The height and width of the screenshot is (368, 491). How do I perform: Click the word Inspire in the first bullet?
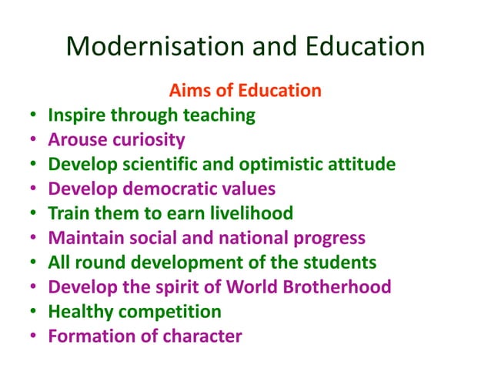click(75, 115)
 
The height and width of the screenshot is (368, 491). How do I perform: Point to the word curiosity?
click(149, 140)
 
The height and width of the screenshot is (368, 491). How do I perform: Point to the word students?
click(340, 263)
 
